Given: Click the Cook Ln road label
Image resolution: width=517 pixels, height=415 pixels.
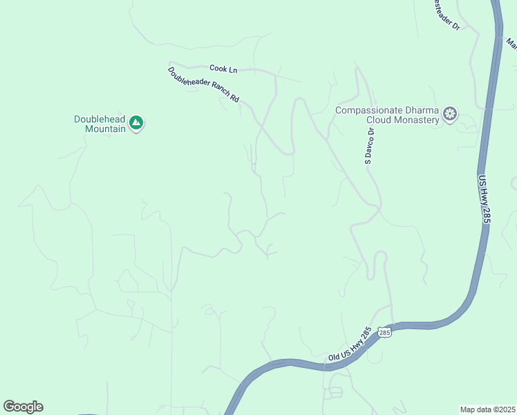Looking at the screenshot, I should pos(223,69).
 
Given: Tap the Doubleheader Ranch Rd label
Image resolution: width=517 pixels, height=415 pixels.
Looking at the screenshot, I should pos(203,84).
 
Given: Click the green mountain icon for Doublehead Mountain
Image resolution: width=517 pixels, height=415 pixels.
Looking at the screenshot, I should pos(137,123).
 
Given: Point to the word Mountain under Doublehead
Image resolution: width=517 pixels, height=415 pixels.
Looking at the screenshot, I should pos(105,129).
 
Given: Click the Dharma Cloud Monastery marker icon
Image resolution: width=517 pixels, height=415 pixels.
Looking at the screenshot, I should pos(451,113).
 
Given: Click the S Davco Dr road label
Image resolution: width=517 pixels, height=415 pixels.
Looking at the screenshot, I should pos(369,145).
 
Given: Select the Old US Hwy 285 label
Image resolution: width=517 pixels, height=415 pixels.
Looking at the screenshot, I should pos(350,344).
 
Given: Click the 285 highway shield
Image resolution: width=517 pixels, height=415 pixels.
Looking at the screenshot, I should pos(385,333).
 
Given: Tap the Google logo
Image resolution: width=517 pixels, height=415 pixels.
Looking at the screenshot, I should pos(23,407).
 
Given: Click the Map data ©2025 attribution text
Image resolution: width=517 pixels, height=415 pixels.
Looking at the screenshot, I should pos(487,409).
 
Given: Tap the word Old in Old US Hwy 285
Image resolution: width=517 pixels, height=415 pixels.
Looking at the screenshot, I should pos(334,355).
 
